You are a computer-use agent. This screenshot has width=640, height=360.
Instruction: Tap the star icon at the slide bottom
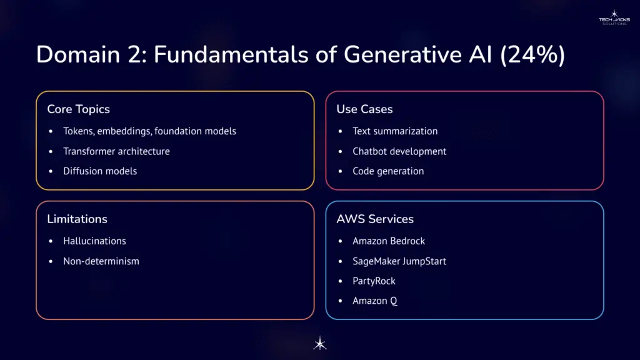(x=319, y=343)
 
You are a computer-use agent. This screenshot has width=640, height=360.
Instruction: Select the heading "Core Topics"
(x=78, y=109)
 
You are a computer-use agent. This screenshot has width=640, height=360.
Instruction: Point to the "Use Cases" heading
(x=364, y=109)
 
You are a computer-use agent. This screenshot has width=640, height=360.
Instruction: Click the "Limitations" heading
(x=77, y=219)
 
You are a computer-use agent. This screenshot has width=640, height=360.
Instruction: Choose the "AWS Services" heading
(x=375, y=219)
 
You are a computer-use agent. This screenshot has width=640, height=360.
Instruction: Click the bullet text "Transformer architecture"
(x=116, y=151)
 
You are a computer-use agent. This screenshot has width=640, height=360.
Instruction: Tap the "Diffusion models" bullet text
(x=100, y=171)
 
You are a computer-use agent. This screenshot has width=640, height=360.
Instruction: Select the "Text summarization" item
(x=395, y=131)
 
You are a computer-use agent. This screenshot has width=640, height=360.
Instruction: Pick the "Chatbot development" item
(x=399, y=151)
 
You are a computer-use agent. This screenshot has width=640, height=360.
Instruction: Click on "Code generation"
(x=388, y=171)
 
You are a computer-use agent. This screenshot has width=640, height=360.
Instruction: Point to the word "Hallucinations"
(x=94, y=241)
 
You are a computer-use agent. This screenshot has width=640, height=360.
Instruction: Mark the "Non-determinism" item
(x=101, y=261)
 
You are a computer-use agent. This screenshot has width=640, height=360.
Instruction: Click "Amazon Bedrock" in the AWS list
(x=389, y=241)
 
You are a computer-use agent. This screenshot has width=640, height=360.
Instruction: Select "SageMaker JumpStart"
(x=399, y=261)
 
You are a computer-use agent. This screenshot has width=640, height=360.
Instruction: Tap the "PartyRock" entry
(x=374, y=281)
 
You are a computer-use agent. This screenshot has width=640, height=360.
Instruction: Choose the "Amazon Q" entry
(x=375, y=301)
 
